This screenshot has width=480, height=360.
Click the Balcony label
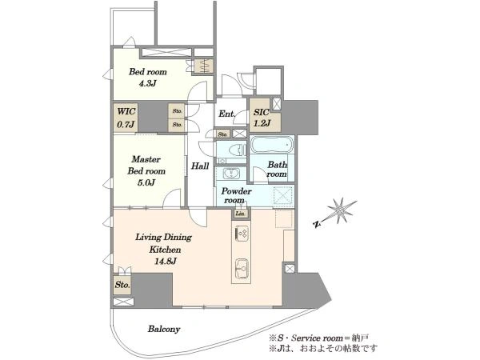click(164, 329)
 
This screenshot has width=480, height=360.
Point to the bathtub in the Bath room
click(272, 145)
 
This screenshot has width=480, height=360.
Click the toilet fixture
click(236, 150)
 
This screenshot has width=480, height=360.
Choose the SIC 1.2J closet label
click(261, 118)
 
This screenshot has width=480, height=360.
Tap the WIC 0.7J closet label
click(126, 118)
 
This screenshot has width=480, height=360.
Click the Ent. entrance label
click(227, 114)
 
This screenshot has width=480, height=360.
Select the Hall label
click(200, 166)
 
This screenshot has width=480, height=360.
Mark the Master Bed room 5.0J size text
click(146, 182)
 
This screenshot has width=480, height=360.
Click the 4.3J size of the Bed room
click(147, 83)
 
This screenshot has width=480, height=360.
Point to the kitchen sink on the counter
click(242, 268)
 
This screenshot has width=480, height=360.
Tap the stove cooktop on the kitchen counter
click(242, 234)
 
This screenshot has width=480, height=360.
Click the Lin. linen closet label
click(241, 214)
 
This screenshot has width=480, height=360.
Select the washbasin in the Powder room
click(230, 174)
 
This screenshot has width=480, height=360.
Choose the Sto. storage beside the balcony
click(122, 285)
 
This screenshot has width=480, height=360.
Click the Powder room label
click(236, 196)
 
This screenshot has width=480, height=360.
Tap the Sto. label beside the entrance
click(222, 134)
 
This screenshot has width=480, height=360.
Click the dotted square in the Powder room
click(283, 195)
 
